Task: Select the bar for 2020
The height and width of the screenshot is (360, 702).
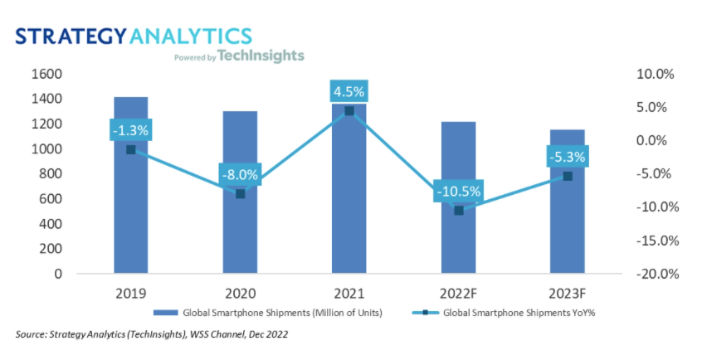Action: coord(240,232)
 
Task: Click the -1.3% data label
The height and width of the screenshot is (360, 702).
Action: coord(130,129)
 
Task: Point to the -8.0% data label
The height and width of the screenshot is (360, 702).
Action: coord(240,174)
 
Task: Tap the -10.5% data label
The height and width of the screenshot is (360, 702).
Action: coord(458,192)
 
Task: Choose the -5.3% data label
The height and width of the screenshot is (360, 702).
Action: coord(567,156)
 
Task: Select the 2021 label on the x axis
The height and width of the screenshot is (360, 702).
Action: coord(349,293)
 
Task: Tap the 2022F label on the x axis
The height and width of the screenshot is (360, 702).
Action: coord(458,293)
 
